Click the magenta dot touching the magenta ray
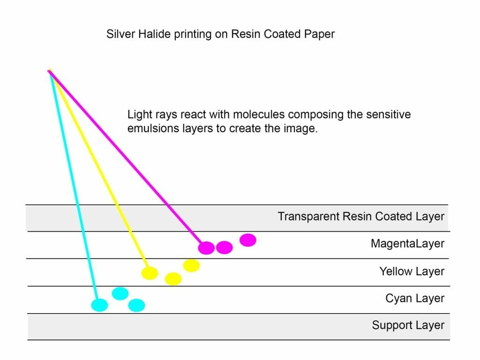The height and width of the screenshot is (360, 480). coord(206,248)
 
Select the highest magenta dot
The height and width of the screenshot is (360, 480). coord(248,240)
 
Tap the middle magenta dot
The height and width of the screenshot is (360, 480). coord(225,247)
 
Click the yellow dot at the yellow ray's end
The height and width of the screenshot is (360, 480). coord(150,273)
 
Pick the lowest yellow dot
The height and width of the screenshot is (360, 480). coord(173,279)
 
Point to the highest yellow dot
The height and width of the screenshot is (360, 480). coord(191,265)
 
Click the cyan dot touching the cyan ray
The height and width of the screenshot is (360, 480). coord(99,305)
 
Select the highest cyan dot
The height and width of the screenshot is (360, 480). coord(120,293)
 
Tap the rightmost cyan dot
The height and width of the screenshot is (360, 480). coord(136,306)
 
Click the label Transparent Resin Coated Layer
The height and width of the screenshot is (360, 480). coord(361,217)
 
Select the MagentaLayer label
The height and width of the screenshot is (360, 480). coord(407,244)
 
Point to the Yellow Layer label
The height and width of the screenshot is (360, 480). coord(412,271)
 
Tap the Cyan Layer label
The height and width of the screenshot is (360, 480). coord(415,298)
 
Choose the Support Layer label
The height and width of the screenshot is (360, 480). coord(408,325)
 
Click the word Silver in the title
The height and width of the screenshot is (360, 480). coord(118,34)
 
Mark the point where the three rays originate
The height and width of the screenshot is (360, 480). coord(49,71)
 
